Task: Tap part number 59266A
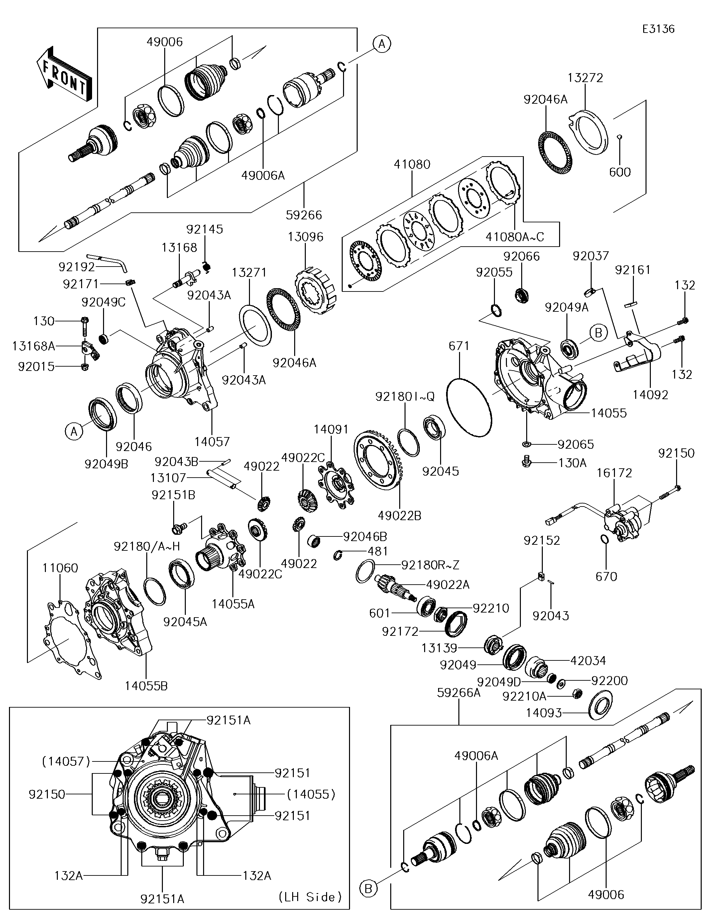(459, 692)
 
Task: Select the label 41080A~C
(515, 237)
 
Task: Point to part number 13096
(305, 237)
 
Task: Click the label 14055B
(146, 686)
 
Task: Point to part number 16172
(614, 473)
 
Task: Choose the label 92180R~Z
(430, 565)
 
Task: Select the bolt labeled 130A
(526, 462)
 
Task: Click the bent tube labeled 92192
(107, 263)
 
